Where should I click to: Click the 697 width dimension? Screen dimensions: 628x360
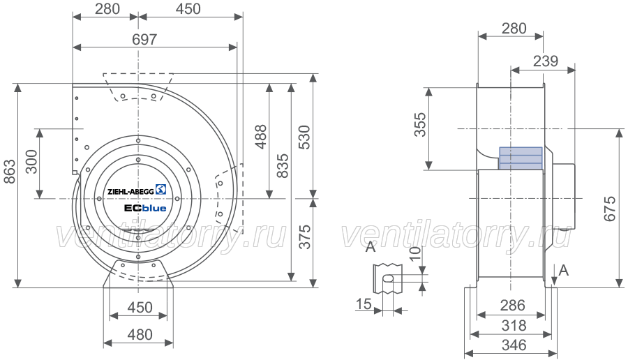tap(144, 40)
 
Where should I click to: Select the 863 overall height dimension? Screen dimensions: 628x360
tap(10, 172)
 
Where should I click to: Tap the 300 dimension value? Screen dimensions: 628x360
tap(31, 162)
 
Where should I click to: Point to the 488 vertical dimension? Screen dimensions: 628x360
tap(261, 137)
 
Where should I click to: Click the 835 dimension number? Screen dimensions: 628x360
tap(283, 166)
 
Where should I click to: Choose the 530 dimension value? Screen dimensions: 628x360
tap(305, 137)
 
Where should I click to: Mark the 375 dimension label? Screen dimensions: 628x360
tap(305, 237)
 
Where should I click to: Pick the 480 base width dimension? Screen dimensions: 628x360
tap(140, 334)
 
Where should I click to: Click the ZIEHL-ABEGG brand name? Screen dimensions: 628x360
tap(130, 191)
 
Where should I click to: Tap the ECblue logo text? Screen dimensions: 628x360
tap(145, 208)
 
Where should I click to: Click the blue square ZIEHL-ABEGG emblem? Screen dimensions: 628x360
tap(161, 189)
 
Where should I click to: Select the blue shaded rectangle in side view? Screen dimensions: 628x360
tap(521, 158)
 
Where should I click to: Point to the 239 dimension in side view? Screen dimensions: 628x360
tap(546, 61)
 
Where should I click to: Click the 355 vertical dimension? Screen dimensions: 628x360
tap(420, 125)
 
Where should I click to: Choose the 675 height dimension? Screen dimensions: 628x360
tap(610, 208)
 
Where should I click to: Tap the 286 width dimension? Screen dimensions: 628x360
tap(512, 306)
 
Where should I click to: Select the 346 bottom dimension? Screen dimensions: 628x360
tap(514, 345)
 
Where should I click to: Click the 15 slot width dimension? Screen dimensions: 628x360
tap(364, 304)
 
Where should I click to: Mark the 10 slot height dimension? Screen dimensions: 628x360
tap(416, 253)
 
